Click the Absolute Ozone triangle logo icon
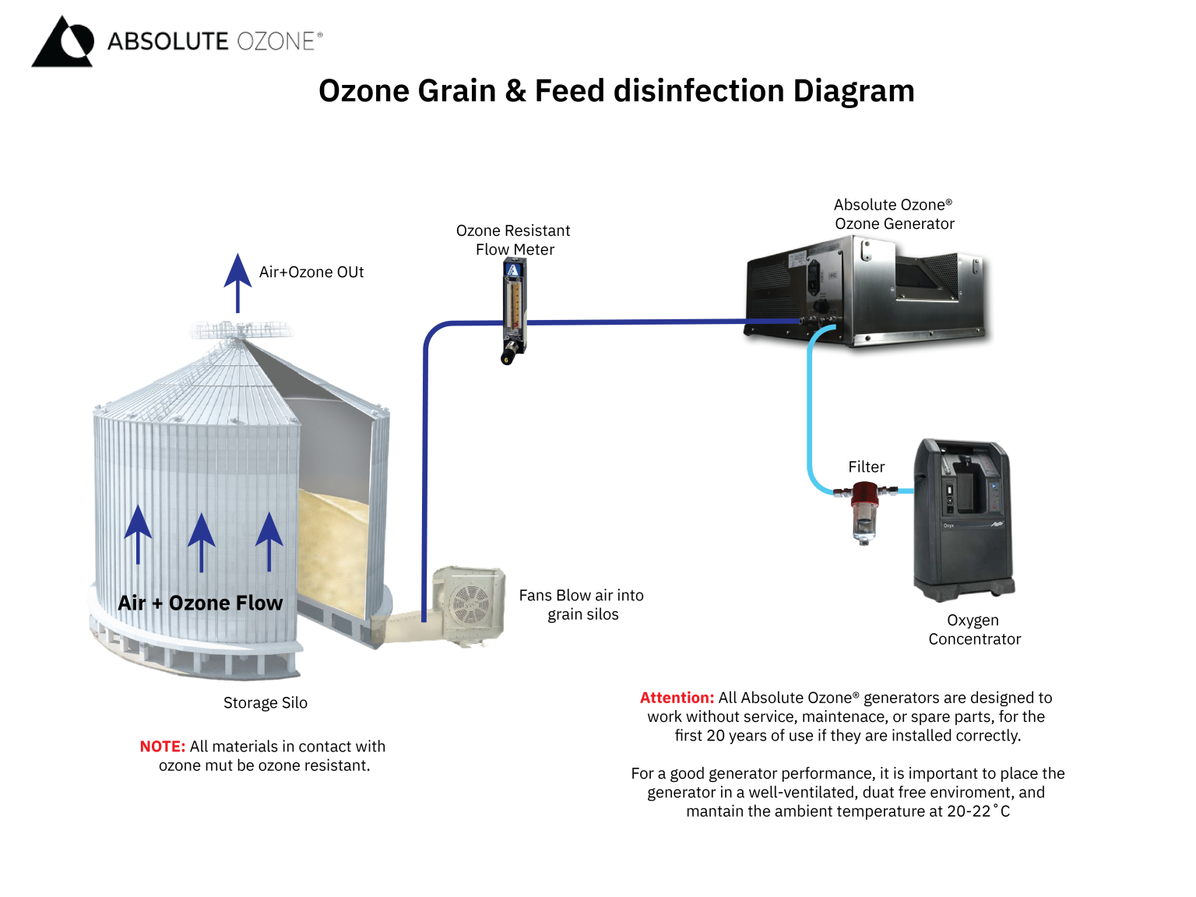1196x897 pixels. [62, 42]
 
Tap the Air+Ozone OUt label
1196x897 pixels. [311, 273]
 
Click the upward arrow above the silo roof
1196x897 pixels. [237, 280]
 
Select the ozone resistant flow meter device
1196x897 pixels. [513, 311]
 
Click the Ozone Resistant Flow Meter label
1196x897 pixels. [514, 240]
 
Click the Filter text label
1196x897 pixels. [866, 467]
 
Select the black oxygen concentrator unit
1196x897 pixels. [962, 518]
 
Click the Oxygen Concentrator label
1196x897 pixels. [973, 630]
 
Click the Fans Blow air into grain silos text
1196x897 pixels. [582, 605]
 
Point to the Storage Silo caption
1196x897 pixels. [265, 703]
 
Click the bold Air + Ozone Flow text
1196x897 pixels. [200, 603]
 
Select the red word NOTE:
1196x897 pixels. [162, 747]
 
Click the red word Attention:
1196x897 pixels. [676, 698]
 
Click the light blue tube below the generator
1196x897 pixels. [811, 405]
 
